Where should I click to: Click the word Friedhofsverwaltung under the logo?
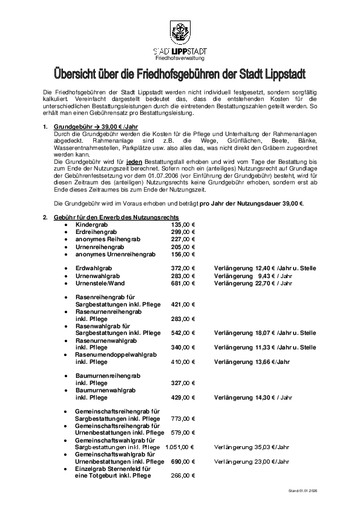[180, 59]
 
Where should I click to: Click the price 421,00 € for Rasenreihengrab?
[183, 305]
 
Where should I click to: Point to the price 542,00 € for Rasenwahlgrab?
[183, 333]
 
